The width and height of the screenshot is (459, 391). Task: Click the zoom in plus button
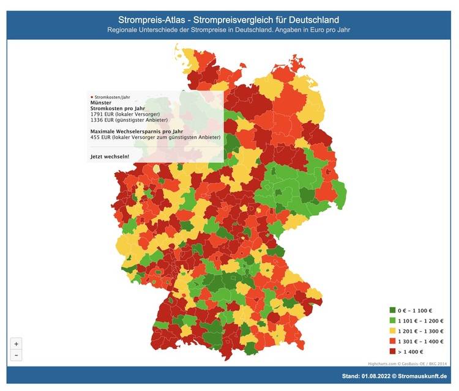pyautogui.click(x=16, y=343)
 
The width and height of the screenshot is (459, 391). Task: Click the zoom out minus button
pyautogui.click(x=16, y=356)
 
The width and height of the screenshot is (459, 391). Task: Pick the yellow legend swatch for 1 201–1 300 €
pyautogui.click(x=392, y=331)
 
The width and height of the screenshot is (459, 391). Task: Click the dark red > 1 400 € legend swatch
pyautogui.click(x=392, y=351)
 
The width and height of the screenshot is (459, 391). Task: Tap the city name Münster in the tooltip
pyautogui.click(x=102, y=103)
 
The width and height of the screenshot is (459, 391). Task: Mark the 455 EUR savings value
pyautogui.click(x=99, y=138)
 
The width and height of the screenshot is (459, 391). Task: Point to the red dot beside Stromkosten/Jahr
pyautogui.click(x=92, y=97)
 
